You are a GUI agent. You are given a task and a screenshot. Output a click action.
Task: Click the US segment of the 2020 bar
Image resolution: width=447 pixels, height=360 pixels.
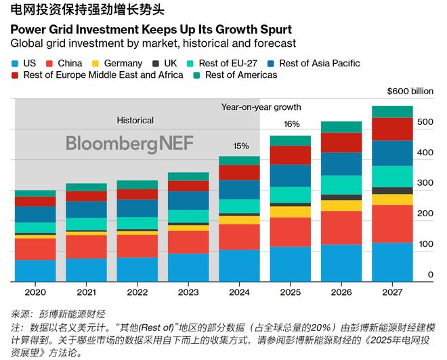(x=35, y=271)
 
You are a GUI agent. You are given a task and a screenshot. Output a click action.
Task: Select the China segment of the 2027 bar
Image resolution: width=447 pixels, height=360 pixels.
(x=392, y=224)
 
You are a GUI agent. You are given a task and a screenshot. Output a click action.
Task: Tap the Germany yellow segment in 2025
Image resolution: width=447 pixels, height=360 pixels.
(x=290, y=212)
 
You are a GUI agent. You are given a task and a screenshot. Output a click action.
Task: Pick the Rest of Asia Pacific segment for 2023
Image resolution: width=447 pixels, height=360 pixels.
(x=188, y=201)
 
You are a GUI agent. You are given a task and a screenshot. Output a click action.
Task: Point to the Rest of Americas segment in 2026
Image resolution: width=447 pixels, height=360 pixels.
(x=341, y=127)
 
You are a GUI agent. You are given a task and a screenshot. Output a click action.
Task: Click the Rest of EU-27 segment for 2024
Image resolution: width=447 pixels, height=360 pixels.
(x=239, y=206)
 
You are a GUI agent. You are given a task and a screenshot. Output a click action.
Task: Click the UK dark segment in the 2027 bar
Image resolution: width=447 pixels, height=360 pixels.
(x=392, y=191)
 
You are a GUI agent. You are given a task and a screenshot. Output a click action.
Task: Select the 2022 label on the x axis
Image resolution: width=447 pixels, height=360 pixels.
(x=137, y=292)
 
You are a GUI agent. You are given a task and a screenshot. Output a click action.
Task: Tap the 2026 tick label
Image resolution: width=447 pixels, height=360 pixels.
(x=341, y=292)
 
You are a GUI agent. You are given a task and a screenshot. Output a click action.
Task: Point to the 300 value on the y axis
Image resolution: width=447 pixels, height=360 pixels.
(x=425, y=182)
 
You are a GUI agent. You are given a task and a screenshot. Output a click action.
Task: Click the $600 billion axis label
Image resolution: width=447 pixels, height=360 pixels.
(x=410, y=92)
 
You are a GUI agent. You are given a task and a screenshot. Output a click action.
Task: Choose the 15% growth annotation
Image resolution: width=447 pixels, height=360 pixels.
(x=241, y=146)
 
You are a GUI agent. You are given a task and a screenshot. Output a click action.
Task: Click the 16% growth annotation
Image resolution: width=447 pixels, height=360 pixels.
(x=292, y=124)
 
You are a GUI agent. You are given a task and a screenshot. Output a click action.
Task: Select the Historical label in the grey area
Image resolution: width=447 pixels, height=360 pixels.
(x=135, y=121)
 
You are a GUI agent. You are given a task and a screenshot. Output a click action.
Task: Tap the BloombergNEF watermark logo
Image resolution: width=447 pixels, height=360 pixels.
(x=130, y=143)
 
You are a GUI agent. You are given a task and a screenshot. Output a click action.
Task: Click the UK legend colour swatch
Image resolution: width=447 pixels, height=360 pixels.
(x=156, y=63)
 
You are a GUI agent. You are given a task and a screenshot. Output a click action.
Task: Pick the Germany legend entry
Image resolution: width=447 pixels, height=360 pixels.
(x=117, y=63)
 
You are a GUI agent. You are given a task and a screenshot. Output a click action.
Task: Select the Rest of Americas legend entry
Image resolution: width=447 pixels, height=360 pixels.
(x=235, y=75)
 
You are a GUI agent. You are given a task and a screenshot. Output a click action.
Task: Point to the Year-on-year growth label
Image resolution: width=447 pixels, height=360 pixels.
(x=261, y=107)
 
